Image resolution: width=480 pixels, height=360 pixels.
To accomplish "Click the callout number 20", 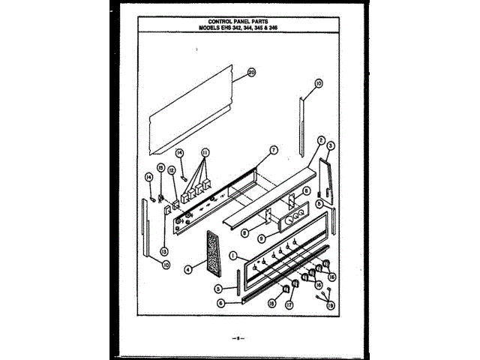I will [252, 73].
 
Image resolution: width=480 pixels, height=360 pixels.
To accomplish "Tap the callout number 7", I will [274, 150].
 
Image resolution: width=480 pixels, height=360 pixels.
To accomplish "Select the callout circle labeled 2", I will [320, 140].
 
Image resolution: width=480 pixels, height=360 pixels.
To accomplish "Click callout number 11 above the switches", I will [205, 152].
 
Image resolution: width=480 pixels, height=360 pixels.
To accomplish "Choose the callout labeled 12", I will [172, 170].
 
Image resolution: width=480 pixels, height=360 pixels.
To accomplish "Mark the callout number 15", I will [160, 167].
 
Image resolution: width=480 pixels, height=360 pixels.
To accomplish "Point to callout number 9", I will [262, 238].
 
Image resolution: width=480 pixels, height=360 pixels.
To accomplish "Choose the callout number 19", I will [331, 304].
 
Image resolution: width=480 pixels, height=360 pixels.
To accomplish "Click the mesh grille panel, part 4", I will [214, 250].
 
